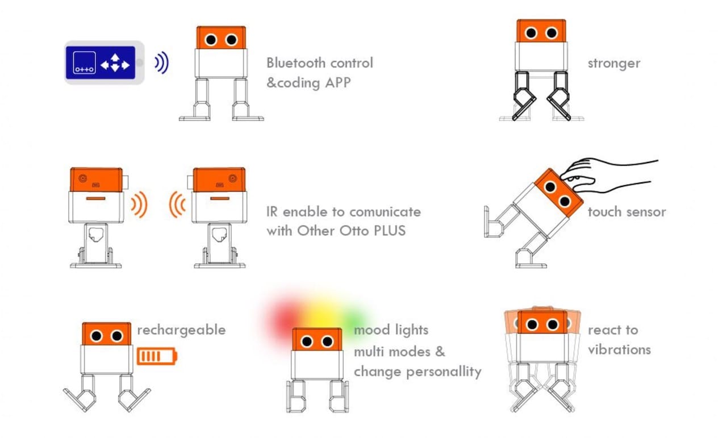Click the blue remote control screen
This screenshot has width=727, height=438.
pyautogui.click(x=101, y=63)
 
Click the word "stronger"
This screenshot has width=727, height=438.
pyautogui.click(x=613, y=62)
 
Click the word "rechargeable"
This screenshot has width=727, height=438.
pyautogui.click(x=181, y=330)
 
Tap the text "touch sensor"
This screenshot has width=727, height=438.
pyautogui.click(x=626, y=212)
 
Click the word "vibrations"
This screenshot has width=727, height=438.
pyautogui.click(x=619, y=349)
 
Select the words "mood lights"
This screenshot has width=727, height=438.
pyautogui.click(x=391, y=330)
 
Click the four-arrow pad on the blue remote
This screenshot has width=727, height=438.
pyautogui.click(x=115, y=63)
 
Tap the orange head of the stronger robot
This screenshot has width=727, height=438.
pyautogui.click(x=541, y=32)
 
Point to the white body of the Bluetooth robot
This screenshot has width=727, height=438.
pyautogui.click(x=221, y=63)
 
